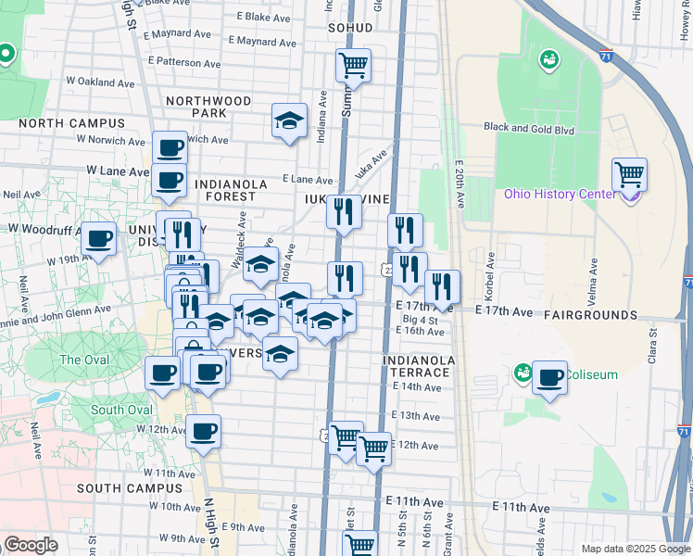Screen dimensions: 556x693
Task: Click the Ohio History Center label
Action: [x=559, y=194]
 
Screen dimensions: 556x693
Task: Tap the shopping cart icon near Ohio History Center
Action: [x=630, y=173]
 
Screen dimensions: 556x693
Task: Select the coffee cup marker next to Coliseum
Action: [x=550, y=377]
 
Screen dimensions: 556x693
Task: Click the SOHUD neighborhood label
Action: [x=350, y=28]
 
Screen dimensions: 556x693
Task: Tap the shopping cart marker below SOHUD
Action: [x=353, y=65]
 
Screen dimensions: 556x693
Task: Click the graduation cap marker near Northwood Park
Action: [x=289, y=120]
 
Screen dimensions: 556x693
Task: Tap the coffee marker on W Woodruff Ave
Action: [x=99, y=239]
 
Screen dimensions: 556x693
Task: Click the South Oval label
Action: [x=121, y=410]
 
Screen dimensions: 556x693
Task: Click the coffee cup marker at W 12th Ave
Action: [x=203, y=431]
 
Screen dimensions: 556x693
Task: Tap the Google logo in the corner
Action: [x=31, y=545]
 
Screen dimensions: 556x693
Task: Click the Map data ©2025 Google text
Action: [x=635, y=549]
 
